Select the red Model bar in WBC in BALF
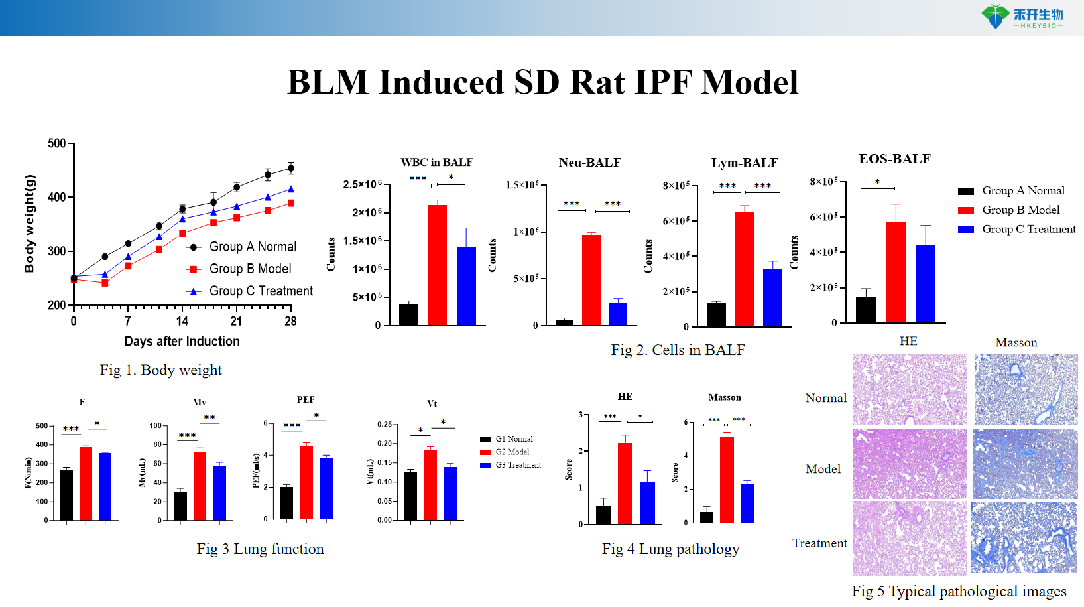point(437,265)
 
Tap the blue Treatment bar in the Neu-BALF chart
point(618,313)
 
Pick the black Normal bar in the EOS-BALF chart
point(866,309)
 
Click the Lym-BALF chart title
point(744,163)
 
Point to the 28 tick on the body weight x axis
point(290,321)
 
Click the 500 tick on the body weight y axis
point(57,143)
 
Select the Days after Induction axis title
point(182,341)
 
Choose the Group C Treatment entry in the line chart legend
point(261,291)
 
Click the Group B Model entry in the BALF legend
point(1020,210)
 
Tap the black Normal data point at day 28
point(290,169)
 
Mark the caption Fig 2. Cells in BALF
point(678,350)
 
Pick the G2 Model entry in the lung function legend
point(512,452)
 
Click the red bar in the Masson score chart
point(727,480)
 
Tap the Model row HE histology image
point(910,463)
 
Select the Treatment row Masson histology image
point(1024,537)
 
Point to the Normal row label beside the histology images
point(825,398)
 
